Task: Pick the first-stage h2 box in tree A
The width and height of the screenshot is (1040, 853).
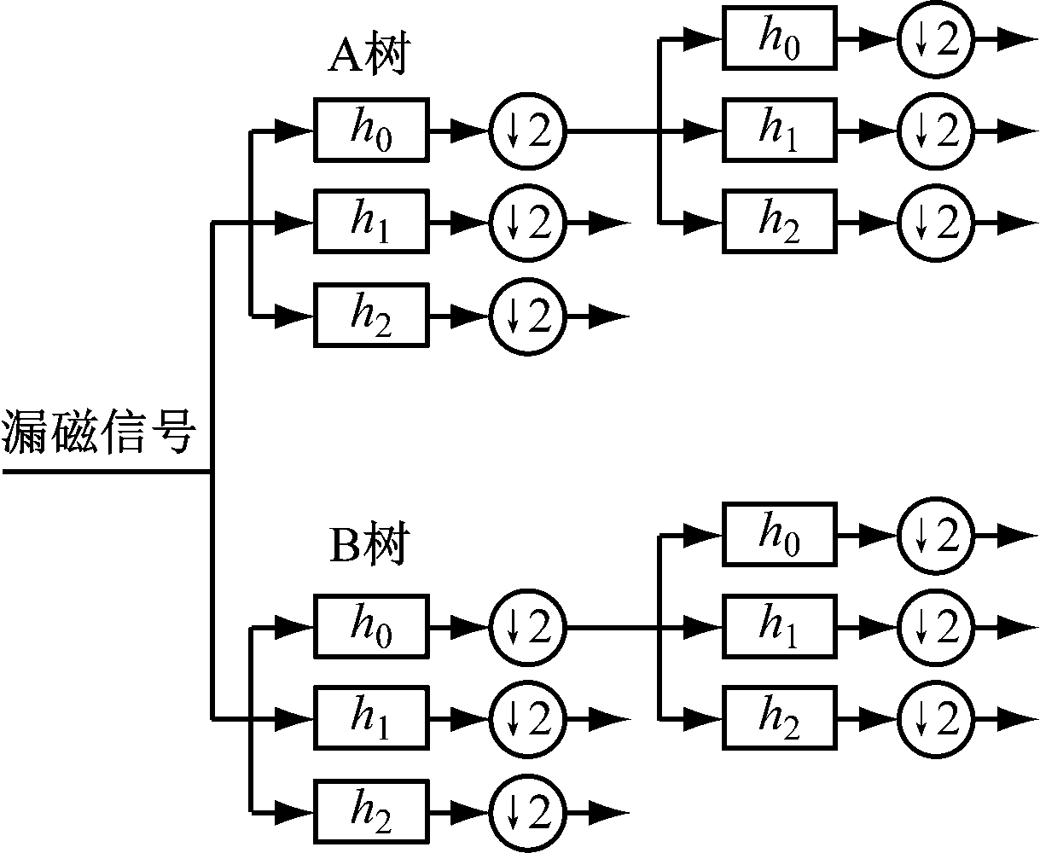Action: click(x=371, y=316)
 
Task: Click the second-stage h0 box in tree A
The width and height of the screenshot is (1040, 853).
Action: click(x=780, y=38)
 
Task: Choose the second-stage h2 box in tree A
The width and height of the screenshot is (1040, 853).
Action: click(x=780, y=223)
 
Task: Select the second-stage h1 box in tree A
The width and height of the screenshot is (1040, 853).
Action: click(x=780, y=131)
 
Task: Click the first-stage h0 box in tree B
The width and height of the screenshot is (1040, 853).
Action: click(x=371, y=627)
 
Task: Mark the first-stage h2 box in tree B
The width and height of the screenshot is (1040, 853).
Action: click(x=371, y=810)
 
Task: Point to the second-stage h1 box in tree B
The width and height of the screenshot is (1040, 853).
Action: click(x=780, y=627)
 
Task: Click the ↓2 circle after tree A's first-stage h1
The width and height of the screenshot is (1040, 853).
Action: click(x=527, y=223)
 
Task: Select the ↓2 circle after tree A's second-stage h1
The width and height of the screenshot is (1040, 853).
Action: click(x=935, y=131)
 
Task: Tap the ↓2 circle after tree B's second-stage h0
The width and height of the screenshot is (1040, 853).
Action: click(x=935, y=535)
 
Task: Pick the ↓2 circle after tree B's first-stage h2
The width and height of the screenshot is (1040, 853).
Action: click(x=527, y=810)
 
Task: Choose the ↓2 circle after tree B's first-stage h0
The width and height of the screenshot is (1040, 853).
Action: click(x=527, y=627)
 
